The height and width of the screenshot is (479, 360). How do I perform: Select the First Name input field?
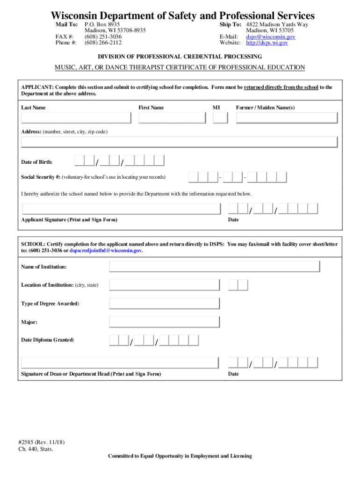[x=172, y=118]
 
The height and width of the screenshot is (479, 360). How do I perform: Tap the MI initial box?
[x=220, y=118]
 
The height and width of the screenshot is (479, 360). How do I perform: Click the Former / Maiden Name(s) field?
[x=287, y=118]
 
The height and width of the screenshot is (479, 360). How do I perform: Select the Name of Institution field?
[x=215, y=267]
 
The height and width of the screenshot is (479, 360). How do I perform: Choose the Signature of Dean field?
[x=120, y=363]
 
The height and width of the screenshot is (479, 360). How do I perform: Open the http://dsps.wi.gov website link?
[x=267, y=43]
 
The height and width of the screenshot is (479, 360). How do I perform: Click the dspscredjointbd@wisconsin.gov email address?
[x=106, y=251]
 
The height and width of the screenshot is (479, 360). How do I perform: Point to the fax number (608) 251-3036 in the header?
[x=103, y=36]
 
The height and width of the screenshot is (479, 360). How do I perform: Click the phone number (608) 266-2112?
[x=103, y=43]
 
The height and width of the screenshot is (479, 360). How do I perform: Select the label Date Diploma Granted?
[x=47, y=340]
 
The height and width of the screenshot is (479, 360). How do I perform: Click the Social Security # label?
[x=41, y=177]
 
